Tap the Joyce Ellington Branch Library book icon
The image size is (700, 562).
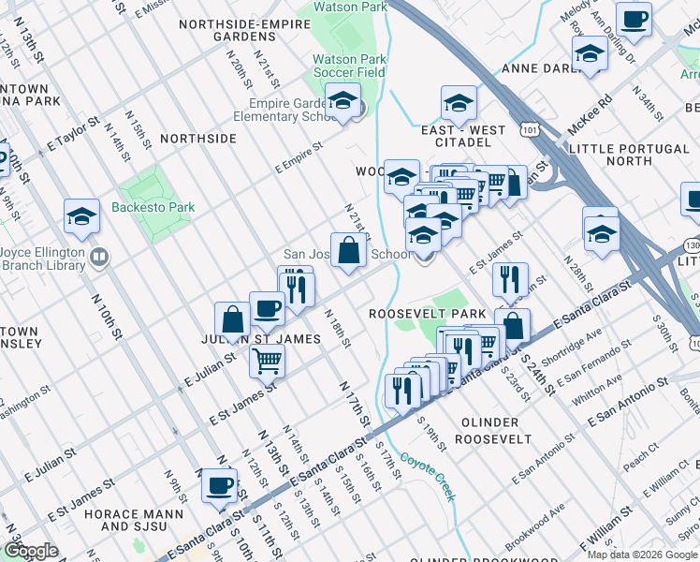98,255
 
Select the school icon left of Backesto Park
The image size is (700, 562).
82,216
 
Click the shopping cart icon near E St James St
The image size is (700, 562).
268,359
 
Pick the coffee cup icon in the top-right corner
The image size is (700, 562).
634,19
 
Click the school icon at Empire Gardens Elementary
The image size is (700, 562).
343,100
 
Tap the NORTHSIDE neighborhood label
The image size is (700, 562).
197,138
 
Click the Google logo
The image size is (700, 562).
31,552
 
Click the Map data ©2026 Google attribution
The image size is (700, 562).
641,555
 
